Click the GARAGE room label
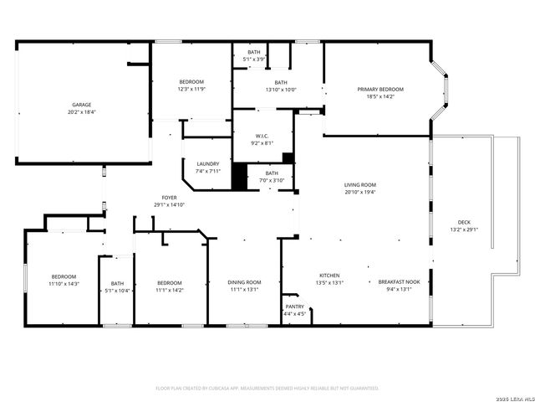click(81, 105)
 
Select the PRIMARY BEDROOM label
click(380, 90)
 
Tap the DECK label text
click(464, 223)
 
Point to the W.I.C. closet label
click(262, 136)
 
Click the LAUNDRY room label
click(208, 164)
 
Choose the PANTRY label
click(295, 307)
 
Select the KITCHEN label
click(329, 276)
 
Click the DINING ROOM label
click(244, 282)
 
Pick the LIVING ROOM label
click(360, 185)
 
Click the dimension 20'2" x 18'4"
click(81, 111)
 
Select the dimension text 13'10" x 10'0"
click(281, 90)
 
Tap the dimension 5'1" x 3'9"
click(253, 59)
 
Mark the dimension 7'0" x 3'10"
click(273, 180)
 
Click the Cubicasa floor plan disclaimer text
click(267, 388)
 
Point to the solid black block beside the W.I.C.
click(240, 177)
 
